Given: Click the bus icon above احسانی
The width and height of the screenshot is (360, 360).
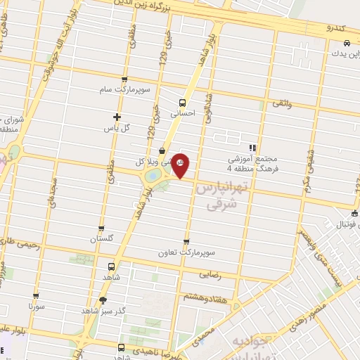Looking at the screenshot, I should point(184,101).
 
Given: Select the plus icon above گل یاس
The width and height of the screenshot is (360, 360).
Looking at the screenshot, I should point(117,117).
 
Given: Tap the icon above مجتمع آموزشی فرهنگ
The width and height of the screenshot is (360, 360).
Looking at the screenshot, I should point(252,148).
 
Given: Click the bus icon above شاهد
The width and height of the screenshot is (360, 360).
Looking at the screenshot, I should point(112,266).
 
